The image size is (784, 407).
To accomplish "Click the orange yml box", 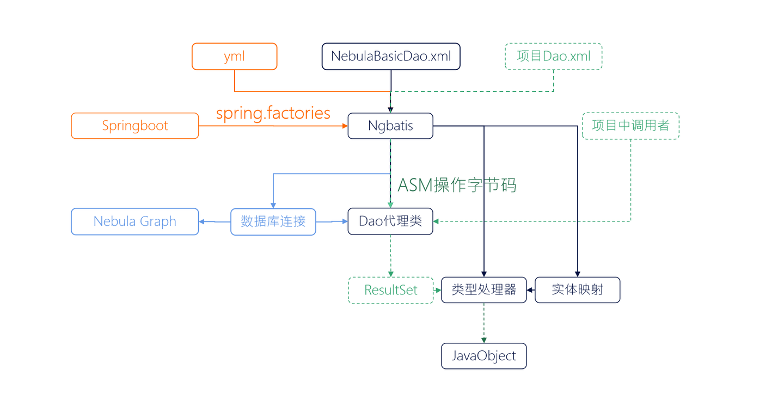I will point(234,57).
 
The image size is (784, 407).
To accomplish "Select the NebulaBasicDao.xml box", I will point(391,57).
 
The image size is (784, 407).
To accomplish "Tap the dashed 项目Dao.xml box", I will point(553,57).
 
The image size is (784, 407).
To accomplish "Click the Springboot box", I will point(134,126).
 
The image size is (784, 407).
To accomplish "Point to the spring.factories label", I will point(273,113).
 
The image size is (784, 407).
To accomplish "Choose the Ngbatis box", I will point(390,126).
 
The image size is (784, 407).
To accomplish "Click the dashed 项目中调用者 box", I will point(630,126).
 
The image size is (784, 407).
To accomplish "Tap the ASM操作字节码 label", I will point(457,185).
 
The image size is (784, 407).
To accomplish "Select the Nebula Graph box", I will point(134,221).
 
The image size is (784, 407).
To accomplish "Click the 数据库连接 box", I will point(273,221).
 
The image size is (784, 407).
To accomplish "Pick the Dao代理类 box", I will point(390,221).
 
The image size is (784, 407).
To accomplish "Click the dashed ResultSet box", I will point(390,290).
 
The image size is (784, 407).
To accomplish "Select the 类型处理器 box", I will point(483,289).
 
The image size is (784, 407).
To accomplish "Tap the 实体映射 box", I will point(577,289).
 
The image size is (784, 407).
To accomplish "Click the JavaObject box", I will point(483,356).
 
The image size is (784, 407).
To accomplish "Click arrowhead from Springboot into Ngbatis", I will point(345,126).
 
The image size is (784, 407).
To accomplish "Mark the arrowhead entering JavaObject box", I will point(483,340).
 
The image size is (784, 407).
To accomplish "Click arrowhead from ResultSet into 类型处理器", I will point(438,290).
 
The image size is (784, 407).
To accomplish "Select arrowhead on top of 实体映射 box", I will point(577,274).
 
